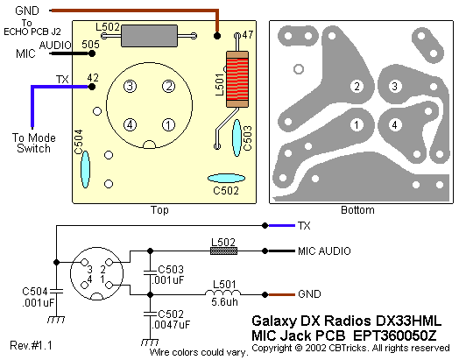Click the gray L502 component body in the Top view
149,36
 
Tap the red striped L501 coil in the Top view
237,79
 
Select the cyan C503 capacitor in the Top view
237,138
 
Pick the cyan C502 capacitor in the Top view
226,178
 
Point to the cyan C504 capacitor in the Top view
85,169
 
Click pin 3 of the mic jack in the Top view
130,87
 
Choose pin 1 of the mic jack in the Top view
168,125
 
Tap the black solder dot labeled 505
92,53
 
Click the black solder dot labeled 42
92,87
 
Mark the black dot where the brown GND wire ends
217,36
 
